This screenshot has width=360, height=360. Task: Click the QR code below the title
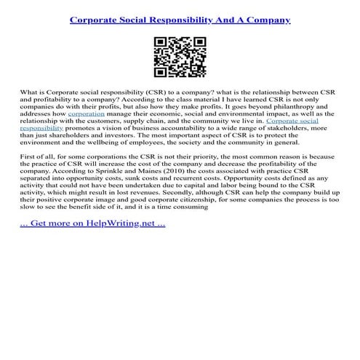click(x=180, y=59)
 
